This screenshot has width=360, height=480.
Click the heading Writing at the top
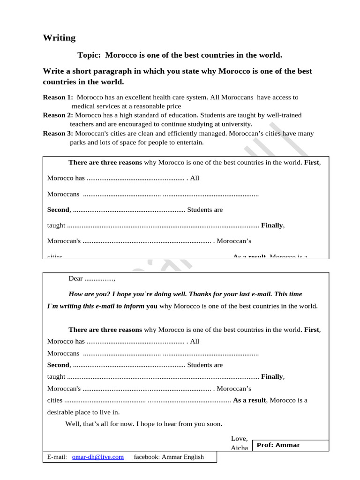click(x=59, y=38)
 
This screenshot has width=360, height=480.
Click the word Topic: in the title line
click(x=90, y=55)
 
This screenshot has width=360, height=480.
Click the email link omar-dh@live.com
click(x=98, y=457)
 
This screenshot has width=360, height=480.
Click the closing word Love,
click(x=240, y=438)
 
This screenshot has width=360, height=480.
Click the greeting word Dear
click(x=75, y=278)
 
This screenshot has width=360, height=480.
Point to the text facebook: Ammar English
click(x=169, y=457)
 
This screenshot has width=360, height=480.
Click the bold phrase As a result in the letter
click(x=249, y=400)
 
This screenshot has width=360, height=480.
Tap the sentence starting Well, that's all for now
click(x=143, y=424)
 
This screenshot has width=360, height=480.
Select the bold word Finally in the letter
click(x=272, y=376)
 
